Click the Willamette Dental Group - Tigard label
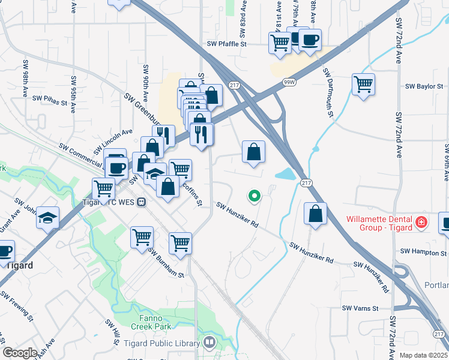click(379, 223)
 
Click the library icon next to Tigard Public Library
click(209, 343)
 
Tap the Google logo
click(20, 353)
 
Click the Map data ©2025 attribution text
click(424, 355)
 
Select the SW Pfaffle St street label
click(227, 44)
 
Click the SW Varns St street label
click(360, 308)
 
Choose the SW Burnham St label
click(166, 263)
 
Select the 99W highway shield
click(288, 80)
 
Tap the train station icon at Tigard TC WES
click(141, 202)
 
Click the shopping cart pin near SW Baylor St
click(364, 84)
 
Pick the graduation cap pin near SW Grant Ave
click(48, 217)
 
